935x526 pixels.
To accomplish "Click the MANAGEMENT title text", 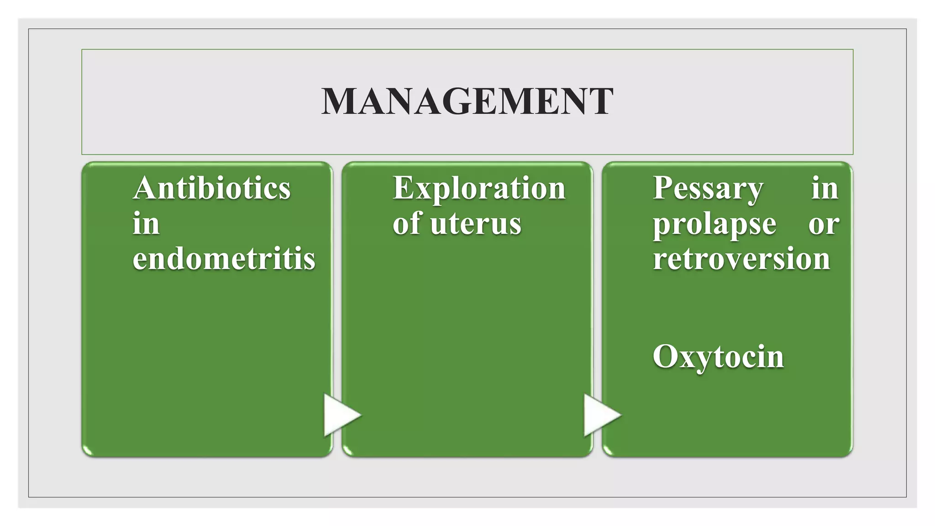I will [467, 101].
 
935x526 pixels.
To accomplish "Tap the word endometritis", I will [224, 258].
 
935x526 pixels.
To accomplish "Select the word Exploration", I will [479, 189].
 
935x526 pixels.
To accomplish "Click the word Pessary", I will [708, 189].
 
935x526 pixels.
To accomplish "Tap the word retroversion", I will [741, 258].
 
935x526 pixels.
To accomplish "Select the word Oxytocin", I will [718, 357].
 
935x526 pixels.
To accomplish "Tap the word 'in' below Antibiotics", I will [146, 224].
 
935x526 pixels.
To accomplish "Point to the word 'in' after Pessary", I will [825, 188].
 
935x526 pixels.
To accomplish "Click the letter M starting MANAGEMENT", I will [339, 101].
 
